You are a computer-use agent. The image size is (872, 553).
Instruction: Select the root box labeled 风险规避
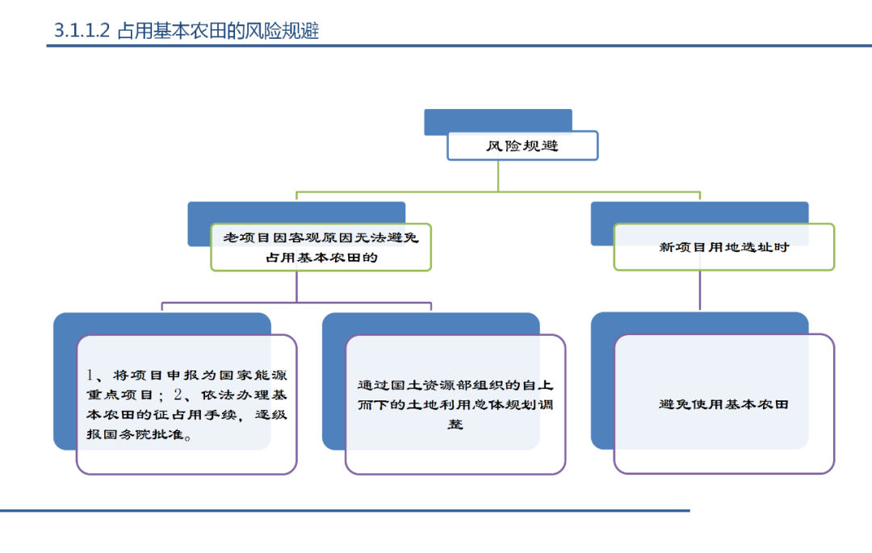tap(522, 146)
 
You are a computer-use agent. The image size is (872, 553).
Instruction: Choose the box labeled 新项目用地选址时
tap(723, 247)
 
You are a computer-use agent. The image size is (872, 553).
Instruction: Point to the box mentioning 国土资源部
tap(455, 404)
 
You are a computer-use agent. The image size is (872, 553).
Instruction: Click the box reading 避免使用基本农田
tap(723, 404)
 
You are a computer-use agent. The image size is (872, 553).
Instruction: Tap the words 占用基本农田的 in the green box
tap(321, 258)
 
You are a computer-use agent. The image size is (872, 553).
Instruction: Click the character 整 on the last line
tap(456, 424)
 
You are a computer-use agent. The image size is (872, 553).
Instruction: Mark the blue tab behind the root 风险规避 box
tap(497, 119)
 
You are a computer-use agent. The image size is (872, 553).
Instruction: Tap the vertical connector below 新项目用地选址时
tap(700, 291)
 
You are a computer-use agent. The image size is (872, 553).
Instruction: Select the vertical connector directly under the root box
tap(498, 175)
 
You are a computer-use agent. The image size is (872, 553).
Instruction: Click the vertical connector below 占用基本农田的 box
tap(296, 287)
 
